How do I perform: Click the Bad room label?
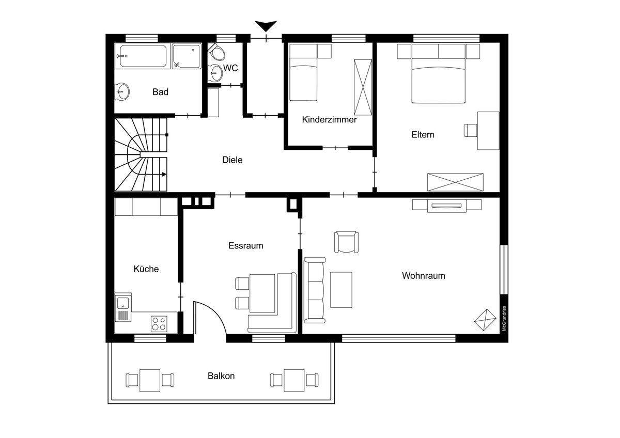click(160, 92)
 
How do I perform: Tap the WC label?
click(230, 68)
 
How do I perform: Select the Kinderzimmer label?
click(329, 119)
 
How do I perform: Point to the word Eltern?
click(423, 135)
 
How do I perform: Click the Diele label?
click(232, 160)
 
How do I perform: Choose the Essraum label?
click(246, 245)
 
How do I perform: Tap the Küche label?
click(146, 269)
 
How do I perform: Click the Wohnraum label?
click(424, 276)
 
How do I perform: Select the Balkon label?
click(221, 376)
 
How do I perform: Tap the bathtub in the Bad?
click(143, 56)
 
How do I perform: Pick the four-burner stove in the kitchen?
click(159, 324)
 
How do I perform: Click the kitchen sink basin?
click(123, 303)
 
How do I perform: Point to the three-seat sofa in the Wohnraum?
click(314, 290)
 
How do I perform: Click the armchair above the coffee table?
click(346, 242)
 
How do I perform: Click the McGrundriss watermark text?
click(504, 318)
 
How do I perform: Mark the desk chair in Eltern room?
click(471, 130)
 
